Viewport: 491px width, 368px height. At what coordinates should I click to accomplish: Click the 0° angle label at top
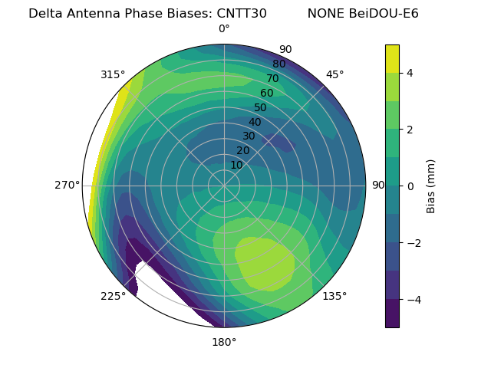point(224,29)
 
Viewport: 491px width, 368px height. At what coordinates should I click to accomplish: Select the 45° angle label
point(334,74)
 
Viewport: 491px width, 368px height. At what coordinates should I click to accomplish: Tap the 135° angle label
point(334,296)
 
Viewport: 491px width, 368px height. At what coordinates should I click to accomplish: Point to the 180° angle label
point(224,342)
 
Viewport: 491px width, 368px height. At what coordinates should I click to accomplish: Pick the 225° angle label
point(113,296)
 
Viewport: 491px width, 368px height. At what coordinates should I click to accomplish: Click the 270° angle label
point(68,185)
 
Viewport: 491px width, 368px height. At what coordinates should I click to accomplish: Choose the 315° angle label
point(113,74)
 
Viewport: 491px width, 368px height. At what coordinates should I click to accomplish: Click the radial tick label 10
point(236,165)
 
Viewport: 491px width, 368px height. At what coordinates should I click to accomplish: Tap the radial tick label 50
point(260,107)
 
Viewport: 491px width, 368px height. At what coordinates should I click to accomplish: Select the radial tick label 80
point(278,64)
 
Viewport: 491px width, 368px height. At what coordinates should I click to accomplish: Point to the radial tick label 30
point(249,136)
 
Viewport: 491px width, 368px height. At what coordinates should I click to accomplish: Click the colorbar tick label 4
point(410,73)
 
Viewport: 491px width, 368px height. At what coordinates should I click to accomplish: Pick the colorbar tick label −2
point(413,242)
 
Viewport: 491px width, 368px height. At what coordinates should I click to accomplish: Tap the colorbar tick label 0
point(410,186)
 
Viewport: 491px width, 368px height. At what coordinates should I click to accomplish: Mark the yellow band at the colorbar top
point(392,58)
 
